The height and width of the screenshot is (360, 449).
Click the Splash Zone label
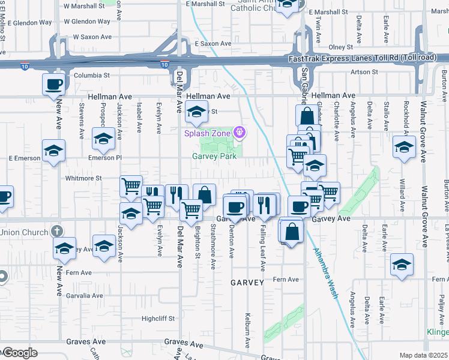(208, 133)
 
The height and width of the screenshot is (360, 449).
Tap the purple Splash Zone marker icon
(240, 131)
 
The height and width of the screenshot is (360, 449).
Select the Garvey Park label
(214, 156)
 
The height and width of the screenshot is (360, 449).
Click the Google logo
(19, 353)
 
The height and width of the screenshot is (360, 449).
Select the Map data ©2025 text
(424, 355)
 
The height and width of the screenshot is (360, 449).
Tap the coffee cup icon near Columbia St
(53, 83)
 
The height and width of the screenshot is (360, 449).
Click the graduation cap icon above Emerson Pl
(104, 139)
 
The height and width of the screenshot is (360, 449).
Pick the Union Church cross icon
(57, 231)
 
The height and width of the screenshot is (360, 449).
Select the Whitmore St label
(83, 178)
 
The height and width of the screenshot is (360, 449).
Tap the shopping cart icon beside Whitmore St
(131, 185)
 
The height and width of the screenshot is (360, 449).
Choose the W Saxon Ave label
(93, 37)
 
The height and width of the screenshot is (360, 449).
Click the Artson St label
(364, 72)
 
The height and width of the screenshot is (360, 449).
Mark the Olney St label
(340, 47)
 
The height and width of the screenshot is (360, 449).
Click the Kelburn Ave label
(248, 330)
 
